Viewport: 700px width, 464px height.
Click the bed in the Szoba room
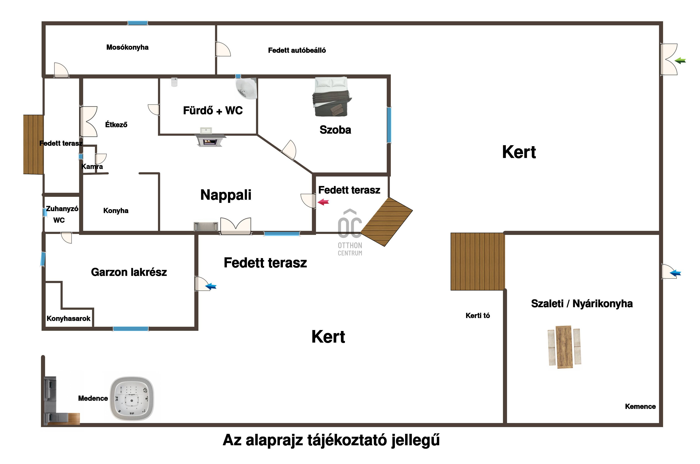(x=331, y=96)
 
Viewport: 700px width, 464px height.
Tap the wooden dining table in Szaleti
(x=564, y=347)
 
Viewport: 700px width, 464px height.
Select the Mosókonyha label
(x=127, y=47)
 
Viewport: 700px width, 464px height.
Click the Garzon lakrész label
(x=129, y=272)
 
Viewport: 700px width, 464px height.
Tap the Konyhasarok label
(x=68, y=319)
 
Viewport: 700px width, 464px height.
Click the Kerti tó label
(x=477, y=316)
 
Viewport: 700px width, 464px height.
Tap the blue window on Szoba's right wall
(x=389, y=125)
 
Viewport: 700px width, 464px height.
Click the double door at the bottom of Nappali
(x=236, y=226)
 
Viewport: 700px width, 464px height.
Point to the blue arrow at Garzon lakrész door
(x=211, y=286)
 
